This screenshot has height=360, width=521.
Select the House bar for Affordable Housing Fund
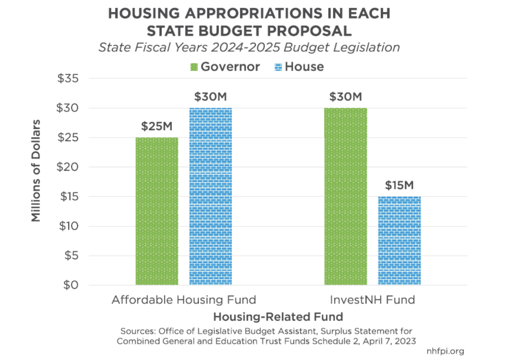click(x=211, y=196)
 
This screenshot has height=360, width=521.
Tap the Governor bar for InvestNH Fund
click(x=346, y=196)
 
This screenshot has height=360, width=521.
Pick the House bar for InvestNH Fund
click(x=400, y=240)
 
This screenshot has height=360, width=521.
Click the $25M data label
click(x=157, y=127)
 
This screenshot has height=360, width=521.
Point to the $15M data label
click(x=400, y=185)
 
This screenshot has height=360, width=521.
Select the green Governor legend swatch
click(x=194, y=67)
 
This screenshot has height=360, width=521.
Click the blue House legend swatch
click(x=278, y=67)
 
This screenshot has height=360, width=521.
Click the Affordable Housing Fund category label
click(x=184, y=300)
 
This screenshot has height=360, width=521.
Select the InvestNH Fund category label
click(x=373, y=300)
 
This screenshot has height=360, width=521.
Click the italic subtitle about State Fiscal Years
click(x=249, y=47)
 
